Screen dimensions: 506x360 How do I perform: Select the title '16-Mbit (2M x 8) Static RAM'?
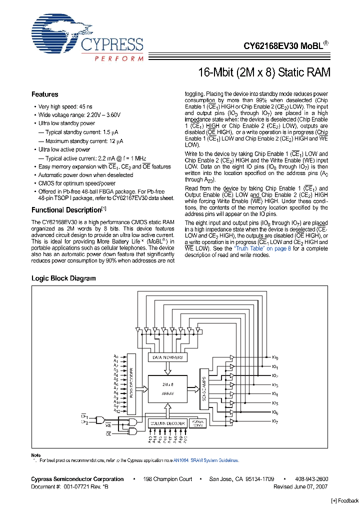(x=264, y=72)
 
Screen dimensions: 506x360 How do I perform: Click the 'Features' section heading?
(x=45, y=94)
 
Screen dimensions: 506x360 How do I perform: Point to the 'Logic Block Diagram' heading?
(x=63, y=278)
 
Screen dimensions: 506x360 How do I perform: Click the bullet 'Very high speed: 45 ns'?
(x=65, y=106)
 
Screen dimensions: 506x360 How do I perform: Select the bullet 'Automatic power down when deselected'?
(x=85, y=175)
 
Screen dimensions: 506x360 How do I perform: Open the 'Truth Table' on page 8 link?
(x=262, y=248)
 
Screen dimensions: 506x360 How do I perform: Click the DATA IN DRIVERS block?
(x=167, y=357)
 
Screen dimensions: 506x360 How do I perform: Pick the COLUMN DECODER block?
(x=167, y=423)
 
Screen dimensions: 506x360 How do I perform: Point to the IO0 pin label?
(x=275, y=357)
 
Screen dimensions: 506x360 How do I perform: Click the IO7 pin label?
(x=275, y=421)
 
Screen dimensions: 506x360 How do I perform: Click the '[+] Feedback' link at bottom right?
(x=345, y=501)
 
